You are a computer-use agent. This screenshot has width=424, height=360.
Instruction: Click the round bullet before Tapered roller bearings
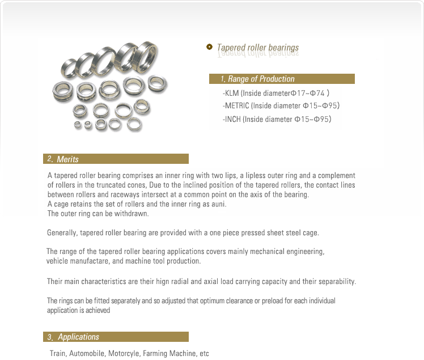(210, 47)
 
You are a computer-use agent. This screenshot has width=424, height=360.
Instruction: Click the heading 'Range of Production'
(261, 79)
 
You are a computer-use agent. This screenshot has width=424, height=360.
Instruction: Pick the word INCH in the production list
(233, 119)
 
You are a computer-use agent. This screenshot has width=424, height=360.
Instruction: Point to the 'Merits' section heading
(67, 159)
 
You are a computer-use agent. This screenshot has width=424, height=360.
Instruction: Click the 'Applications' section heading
(78, 337)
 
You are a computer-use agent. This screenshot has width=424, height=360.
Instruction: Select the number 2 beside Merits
(50, 159)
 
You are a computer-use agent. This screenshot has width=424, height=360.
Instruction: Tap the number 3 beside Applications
(50, 337)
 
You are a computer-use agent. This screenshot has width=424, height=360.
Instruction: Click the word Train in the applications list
(58, 353)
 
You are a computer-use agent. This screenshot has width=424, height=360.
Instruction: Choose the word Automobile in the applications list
(88, 353)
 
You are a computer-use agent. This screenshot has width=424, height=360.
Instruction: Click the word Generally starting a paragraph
(62, 232)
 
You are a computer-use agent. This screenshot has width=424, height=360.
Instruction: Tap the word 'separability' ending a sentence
(337, 281)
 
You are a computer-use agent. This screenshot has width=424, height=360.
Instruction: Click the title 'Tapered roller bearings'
(258, 48)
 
